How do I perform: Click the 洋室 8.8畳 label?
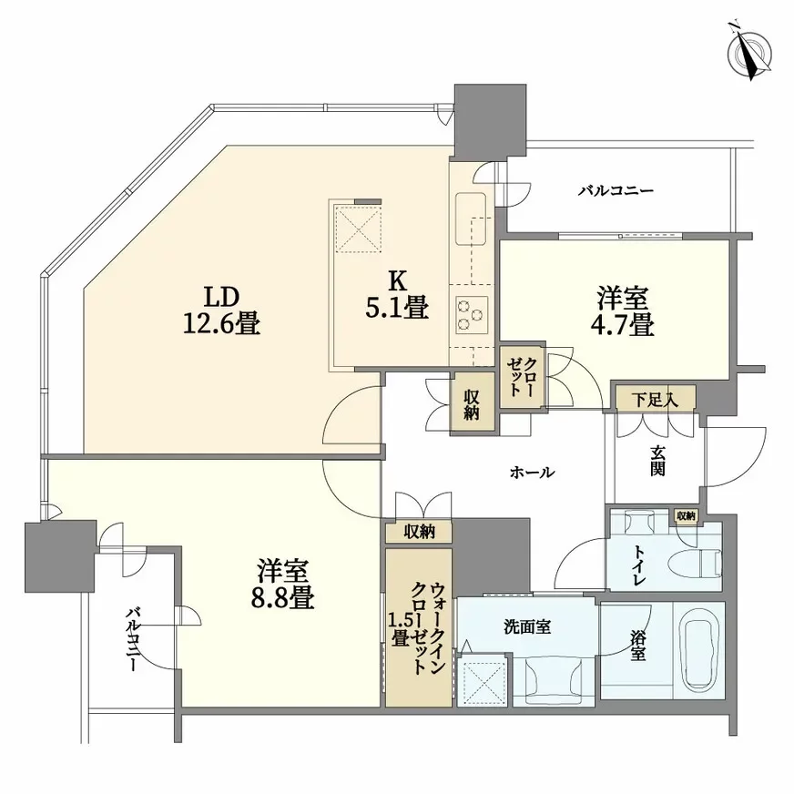click(x=284, y=585)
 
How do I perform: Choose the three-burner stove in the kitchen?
click(x=471, y=315)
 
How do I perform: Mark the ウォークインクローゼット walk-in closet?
click(x=418, y=627)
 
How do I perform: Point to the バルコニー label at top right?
click(x=616, y=191)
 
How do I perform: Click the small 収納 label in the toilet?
click(x=685, y=516)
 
